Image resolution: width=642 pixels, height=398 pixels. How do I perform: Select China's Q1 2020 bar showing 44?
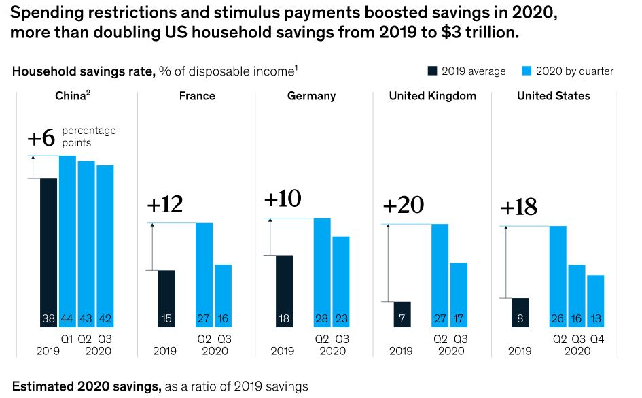pos(67,242)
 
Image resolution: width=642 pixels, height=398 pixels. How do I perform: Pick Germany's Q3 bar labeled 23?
pos(340,282)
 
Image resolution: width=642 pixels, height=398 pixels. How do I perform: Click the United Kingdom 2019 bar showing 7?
pos(402,314)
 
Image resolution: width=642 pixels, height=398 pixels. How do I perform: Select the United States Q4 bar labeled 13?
pos(595,301)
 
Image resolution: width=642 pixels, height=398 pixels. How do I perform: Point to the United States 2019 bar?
pos(520,312)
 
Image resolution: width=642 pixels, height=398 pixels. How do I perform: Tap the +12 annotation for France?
pos(165,205)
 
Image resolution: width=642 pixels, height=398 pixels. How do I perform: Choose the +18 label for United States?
pos(519,208)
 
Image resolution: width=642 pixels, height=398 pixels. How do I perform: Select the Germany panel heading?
pos(311,96)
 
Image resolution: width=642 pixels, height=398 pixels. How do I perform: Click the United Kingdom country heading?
pos(433,96)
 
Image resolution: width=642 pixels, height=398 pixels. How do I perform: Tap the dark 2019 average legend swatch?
pos(433,71)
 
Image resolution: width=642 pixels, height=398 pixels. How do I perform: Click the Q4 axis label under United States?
pos(595,337)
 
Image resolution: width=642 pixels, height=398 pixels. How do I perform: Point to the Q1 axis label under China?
pos(67,337)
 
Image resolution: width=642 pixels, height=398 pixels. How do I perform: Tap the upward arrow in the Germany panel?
pos(270,237)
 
